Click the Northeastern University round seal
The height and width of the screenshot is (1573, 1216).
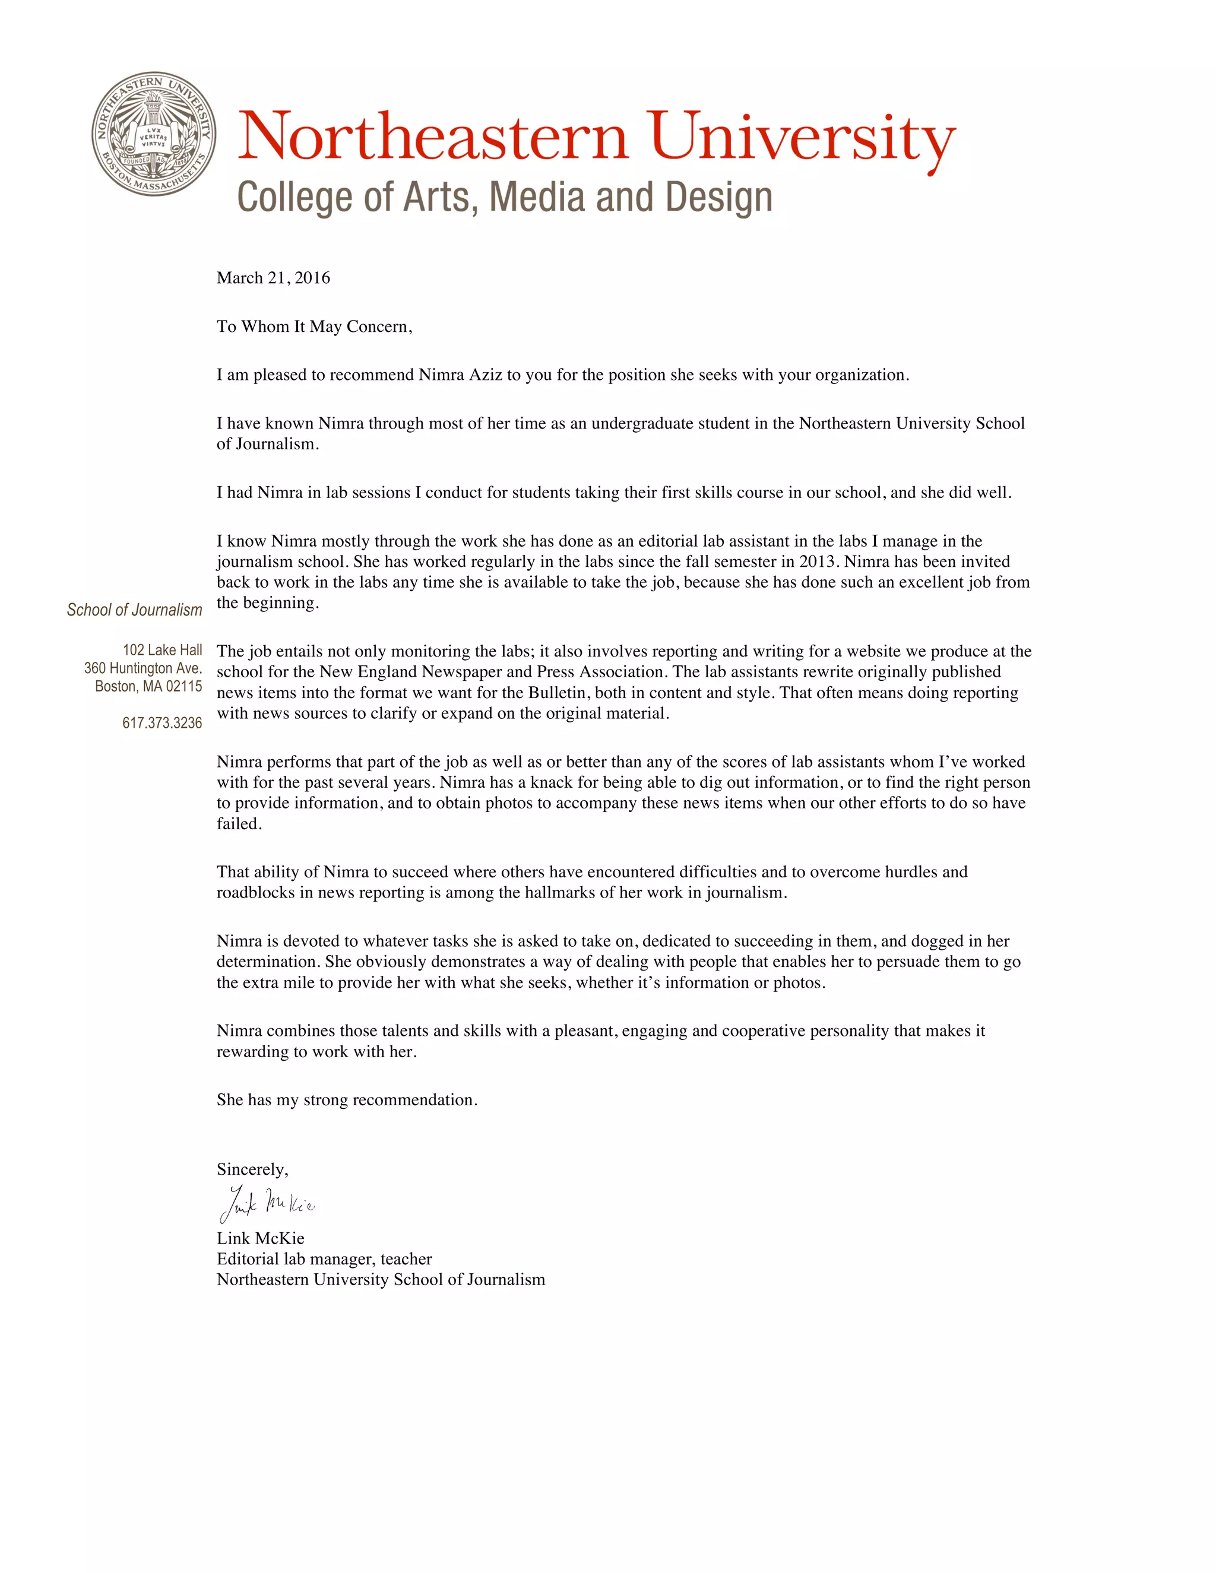(x=153, y=133)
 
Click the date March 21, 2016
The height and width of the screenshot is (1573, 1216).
(x=273, y=278)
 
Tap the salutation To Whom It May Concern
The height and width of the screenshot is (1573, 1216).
(x=314, y=326)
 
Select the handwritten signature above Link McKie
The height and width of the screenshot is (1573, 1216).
(x=267, y=1204)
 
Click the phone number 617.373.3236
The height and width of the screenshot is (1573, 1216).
(x=162, y=723)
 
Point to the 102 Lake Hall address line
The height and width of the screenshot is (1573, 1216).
(x=162, y=651)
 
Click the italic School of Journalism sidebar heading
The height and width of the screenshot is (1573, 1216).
(x=135, y=610)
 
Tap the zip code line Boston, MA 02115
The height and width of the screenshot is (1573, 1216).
(x=148, y=686)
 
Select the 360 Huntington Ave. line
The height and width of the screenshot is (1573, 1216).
(x=143, y=668)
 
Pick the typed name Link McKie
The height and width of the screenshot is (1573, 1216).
(x=260, y=1238)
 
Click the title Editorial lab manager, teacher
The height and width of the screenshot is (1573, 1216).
(x=324, y=1259)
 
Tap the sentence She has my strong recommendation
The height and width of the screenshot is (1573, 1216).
(x=347, y=1100)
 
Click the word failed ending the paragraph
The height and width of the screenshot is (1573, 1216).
(x=239, y=824)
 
